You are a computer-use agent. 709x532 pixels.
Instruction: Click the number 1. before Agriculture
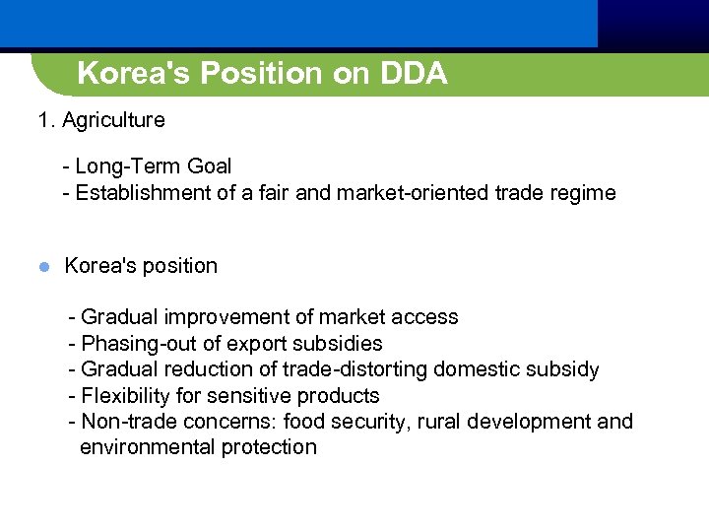(x=46, y=121)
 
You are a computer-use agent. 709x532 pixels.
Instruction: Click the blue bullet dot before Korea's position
(x=43, y=267)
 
